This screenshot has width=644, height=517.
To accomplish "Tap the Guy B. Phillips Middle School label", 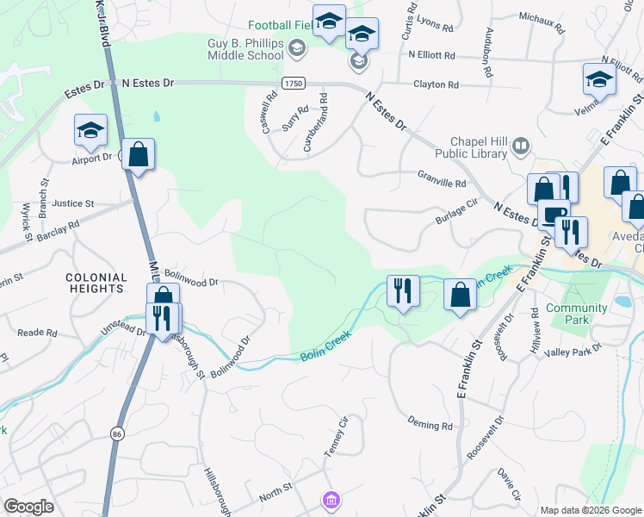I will [246, 48].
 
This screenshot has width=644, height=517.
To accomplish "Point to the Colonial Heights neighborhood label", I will [96, 283].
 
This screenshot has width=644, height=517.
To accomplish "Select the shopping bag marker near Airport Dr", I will [138, 155].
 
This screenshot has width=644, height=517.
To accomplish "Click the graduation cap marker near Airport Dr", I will [90, 131].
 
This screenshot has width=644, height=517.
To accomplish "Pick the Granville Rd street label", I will [441, 184].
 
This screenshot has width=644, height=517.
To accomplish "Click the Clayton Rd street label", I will [436, 84].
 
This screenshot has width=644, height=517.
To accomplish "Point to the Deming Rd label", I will [430, 425].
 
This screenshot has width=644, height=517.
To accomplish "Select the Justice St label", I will [72, 204].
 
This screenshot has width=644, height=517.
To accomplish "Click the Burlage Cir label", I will [455, 212].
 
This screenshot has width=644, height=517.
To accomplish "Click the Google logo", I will [29, 507].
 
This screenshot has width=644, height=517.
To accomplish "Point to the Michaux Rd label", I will [542, 22].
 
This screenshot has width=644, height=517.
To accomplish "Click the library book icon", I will [520, 146].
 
